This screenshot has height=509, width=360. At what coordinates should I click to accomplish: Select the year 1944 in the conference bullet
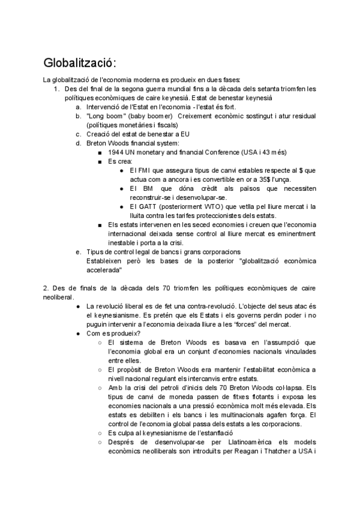[x=117, y=152]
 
